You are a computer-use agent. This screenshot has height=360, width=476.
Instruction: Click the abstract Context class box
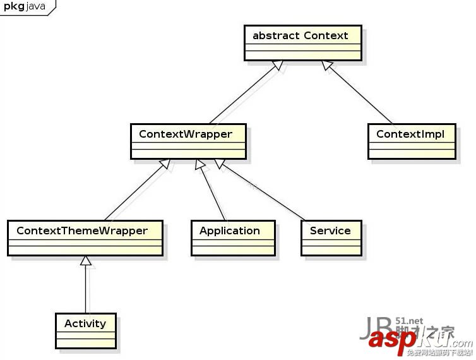[x=303, y=43]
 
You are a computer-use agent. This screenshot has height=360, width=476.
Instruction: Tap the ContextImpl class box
[x=411, y=141]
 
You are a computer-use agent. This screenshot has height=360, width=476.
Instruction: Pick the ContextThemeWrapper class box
[x=85, y=237]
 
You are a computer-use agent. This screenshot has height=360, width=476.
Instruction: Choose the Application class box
[x=233, y=237]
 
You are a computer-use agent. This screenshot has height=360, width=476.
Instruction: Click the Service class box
[x=331, y=237]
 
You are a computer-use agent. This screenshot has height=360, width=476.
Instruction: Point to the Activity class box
[x=85, y=330]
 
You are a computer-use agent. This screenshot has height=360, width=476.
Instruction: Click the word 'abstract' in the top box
[x=276, y=35]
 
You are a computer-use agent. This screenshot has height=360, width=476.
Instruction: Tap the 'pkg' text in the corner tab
[x=14, y=6]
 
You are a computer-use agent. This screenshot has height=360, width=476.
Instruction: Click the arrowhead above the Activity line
[x=86, y=261]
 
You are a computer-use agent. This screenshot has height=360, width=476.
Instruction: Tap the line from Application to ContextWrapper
[x=213, y=193]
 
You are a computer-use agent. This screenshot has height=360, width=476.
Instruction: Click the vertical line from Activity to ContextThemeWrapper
[x=86, y=291]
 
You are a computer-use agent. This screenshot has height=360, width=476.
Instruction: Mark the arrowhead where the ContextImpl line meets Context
[x=327, y=66]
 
